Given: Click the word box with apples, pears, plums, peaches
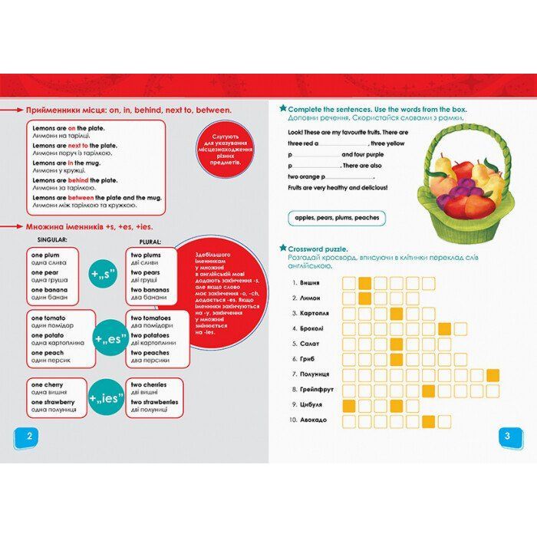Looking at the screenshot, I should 337,218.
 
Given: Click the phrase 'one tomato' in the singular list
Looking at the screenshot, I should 48,318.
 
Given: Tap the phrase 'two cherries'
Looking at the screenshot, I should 151,384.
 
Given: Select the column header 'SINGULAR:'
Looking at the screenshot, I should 48,240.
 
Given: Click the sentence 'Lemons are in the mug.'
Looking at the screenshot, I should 64,163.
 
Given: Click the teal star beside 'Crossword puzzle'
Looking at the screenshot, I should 282,249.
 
